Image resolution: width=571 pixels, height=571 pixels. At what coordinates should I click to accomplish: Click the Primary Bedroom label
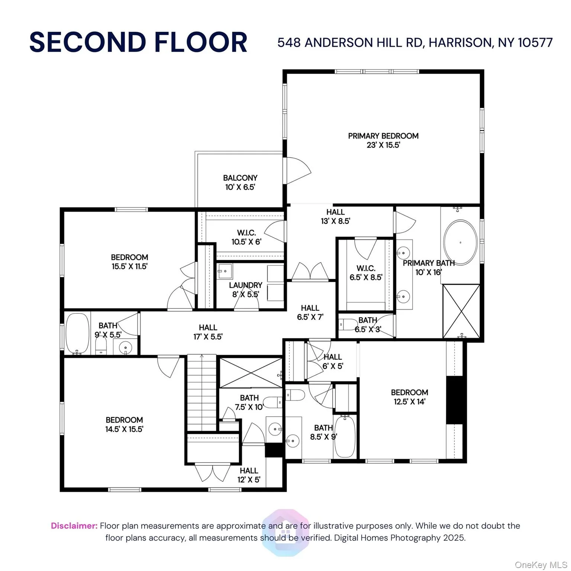pyautogui.click(x=383, y=136)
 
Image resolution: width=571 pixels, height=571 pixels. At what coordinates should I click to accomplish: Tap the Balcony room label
pyautogui.click(x=240, y=178)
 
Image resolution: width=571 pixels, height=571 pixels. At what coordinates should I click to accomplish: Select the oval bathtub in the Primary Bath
pyautogui.click(x=461, y=243)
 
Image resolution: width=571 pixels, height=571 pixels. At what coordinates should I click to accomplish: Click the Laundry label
pyautogui.click(x=245, y=285)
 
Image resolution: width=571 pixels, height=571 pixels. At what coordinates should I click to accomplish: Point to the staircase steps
pyautogui.click(x=201, y=392)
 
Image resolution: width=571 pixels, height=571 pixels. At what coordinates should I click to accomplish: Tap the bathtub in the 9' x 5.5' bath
pyautogui.click(x=77, y=333)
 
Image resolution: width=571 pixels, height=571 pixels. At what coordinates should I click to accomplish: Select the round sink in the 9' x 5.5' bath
pyautogui.click(x=126, y=348)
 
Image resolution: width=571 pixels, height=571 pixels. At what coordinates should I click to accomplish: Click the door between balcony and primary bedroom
pyautogui.click(x=296, y=171)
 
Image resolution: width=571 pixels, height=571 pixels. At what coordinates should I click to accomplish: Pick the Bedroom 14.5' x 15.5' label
pyautogui.click(x=124, y=425)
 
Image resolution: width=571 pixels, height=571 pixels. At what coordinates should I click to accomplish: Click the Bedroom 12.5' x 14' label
pyautogui.click(x=409, y=397)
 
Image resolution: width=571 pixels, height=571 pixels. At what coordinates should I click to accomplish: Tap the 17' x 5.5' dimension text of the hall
pyautogui.click(x=208, y=337)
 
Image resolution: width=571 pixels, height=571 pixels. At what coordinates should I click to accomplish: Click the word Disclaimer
pyautogui.click(x=74, y=526)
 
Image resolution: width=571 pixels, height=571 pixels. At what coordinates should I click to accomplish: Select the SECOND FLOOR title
pyautogui.click(x=138, y=42)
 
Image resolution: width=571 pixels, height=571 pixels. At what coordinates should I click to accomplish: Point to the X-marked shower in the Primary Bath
pyautogui.click(x=461, y=311)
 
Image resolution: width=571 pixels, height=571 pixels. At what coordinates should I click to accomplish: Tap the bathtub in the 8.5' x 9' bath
pyautogui.click(x=345, y=436)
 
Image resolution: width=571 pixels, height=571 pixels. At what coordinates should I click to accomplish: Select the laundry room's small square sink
pyautogui.click(x=225, y=271)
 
